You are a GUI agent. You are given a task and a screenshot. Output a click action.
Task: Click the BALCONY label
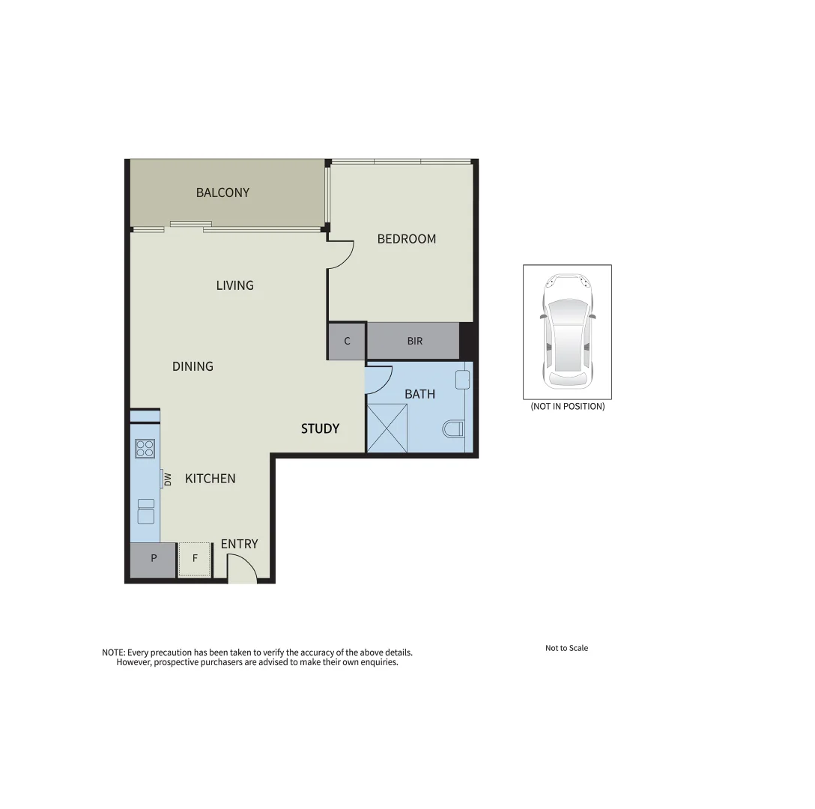[222, 193]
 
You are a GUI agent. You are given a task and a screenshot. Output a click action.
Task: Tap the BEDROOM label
[406, 239]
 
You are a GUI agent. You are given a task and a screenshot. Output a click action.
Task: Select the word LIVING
[234, 285]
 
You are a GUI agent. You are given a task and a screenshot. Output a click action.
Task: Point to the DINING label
[193, 366]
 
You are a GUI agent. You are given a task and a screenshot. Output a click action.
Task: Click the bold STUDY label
[320, 428]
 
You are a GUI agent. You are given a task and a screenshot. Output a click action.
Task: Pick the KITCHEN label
[210, 479]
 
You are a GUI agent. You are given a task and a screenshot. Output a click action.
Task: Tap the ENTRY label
[239, 544]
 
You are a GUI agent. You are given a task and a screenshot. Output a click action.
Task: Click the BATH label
[419, 394]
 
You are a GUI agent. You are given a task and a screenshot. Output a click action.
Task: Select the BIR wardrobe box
[414, 341]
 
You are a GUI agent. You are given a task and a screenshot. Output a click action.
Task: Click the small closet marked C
[347, 341]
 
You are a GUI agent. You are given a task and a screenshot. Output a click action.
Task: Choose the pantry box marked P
[153, 559]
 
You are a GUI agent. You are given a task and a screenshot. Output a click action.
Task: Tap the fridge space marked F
[195, 559]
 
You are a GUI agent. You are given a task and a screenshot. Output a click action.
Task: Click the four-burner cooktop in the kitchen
[145, 449]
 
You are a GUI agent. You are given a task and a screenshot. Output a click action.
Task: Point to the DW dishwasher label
[168, 479]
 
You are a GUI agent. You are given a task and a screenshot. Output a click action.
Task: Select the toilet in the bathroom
[453, 429]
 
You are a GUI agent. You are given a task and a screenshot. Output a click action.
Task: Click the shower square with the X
[387, 428]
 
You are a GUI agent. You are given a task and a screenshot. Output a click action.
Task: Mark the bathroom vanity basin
[462, 379]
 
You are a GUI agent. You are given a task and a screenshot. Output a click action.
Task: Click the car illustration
[567, 331]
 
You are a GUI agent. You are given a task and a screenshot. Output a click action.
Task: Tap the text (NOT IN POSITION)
[567, 407]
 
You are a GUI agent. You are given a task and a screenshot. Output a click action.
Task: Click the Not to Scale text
[566, 648]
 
